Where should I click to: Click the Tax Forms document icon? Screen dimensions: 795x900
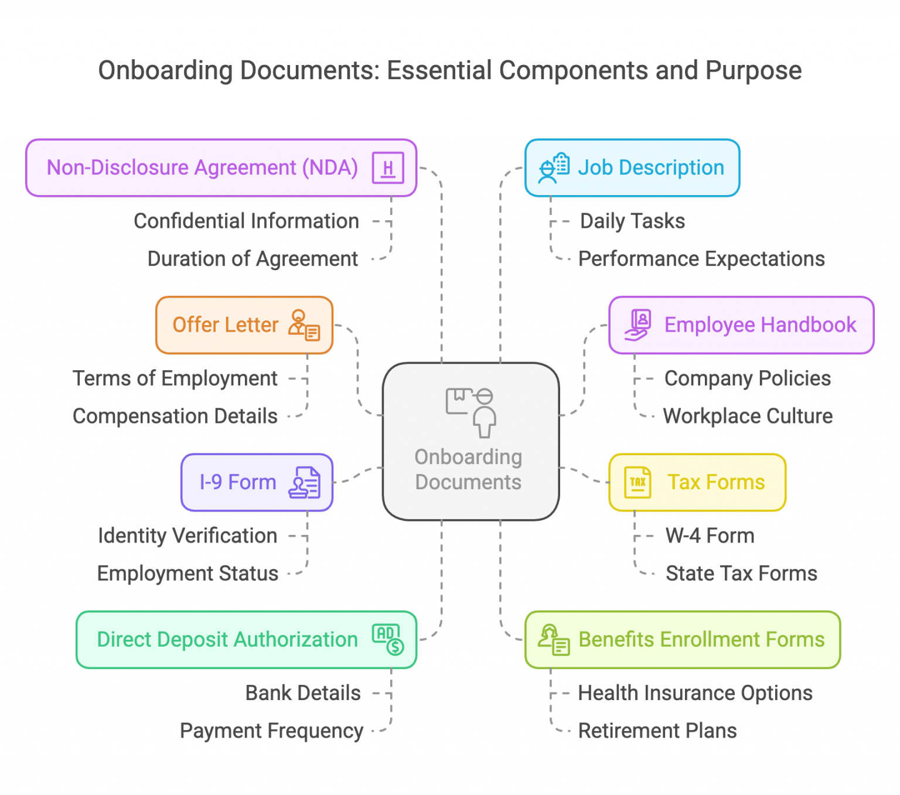[637, 482]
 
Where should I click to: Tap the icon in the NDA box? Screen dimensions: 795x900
[388, 168]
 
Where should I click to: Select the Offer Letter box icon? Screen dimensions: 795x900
[304, 325]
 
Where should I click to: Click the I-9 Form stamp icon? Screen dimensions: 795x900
[305, 483]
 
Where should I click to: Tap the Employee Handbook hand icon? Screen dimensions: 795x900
[638, 325]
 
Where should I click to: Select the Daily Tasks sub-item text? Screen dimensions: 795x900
[632, 221]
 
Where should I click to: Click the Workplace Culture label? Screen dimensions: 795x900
[748, 417]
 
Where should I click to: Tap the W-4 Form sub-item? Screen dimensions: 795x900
[710, 536]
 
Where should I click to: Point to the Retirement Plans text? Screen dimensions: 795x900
[657, 731]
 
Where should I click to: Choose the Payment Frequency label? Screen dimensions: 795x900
[271, 731]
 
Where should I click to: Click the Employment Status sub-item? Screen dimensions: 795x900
[187, 574]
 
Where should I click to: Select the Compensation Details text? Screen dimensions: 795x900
[175, 417]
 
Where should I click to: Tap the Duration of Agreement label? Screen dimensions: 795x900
[253, 259]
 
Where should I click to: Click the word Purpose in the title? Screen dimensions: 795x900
[753, 71]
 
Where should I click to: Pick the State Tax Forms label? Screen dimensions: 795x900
[741, 574]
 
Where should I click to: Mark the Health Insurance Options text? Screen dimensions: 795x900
[695, 693]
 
